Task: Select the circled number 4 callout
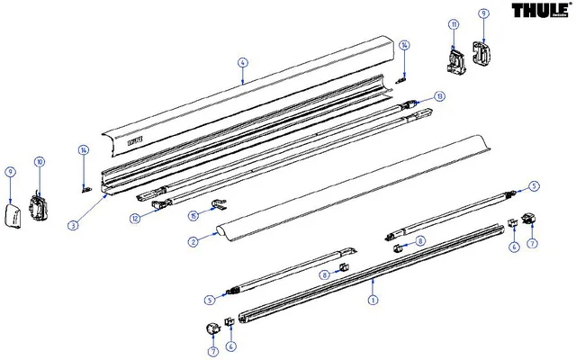[242, 62]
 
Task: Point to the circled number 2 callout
[193, 242]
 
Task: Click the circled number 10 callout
[39, 162]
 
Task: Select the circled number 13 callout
[439, 96]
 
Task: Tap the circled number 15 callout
[193, 216]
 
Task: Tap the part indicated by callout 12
[159, 204]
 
